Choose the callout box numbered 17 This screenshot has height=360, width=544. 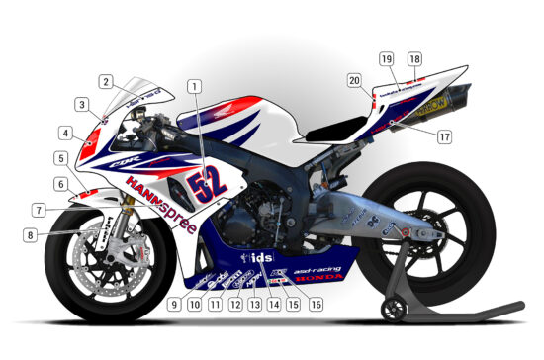coord(444,137)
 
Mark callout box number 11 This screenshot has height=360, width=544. coord(215,304)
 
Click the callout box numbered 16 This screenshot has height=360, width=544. coord(316,304)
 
